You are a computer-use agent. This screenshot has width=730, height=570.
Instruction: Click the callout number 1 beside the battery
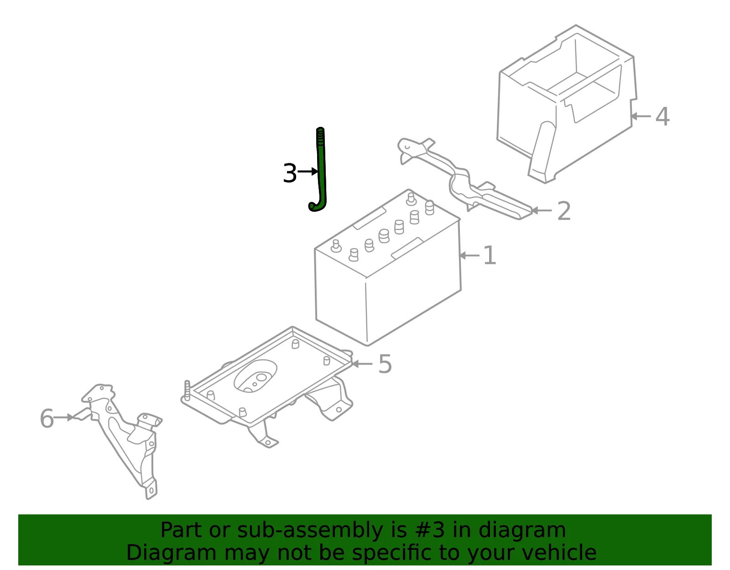click(489, 255)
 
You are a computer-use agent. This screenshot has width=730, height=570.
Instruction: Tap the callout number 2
click(564, 211)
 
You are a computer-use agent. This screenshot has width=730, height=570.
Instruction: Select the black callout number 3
click(290, 173)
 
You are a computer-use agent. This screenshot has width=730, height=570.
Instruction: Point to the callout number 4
click(662, 116)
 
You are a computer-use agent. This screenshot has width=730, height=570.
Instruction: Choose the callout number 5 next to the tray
click(385, 364)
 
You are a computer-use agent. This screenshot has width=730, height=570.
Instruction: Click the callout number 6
click(47, 418)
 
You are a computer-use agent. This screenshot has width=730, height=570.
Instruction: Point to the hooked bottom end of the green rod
click(316, 206)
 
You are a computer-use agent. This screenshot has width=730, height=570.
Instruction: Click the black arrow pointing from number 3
click(308, 171)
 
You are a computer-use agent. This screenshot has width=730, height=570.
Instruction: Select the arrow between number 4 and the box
click(640, 116)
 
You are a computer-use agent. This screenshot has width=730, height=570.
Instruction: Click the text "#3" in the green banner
click(430, 530)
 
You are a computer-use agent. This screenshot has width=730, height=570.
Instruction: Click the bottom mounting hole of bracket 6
click(151, 491)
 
